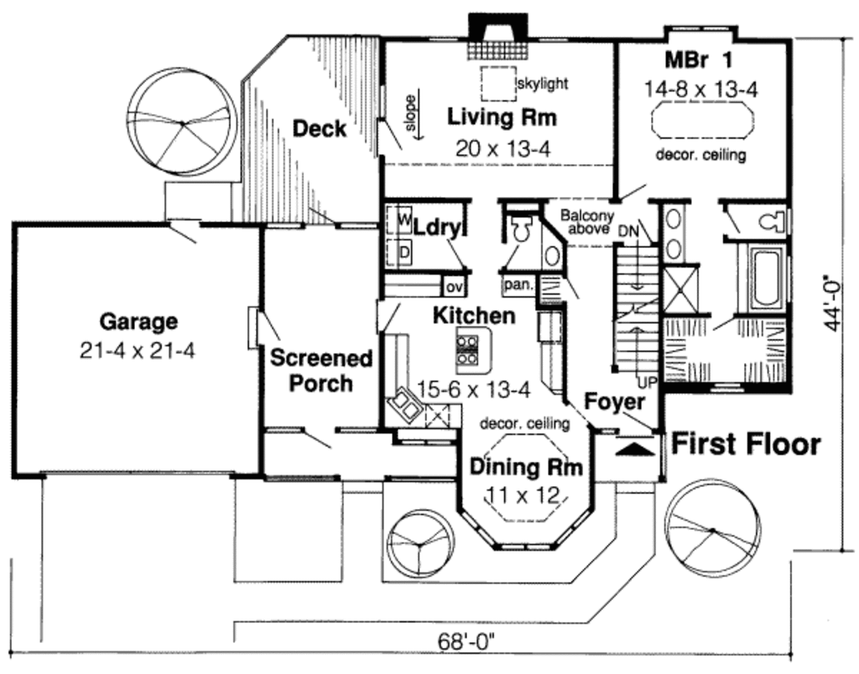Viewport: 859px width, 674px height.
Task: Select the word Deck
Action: (319, 128)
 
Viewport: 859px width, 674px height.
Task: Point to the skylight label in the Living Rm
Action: (543, 84)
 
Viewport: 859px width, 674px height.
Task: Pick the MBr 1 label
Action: (699, 60)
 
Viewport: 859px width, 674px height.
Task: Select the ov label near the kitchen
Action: (454, 287)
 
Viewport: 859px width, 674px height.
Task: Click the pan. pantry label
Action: (518, 285)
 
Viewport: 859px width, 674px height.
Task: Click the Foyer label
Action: (614, 401)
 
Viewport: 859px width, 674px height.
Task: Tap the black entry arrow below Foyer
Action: (634, 448)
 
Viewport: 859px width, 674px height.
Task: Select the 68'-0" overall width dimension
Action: (466, 641)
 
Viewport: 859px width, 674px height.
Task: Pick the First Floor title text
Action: (746, 444)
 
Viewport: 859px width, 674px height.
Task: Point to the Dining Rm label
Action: (525, 466)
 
